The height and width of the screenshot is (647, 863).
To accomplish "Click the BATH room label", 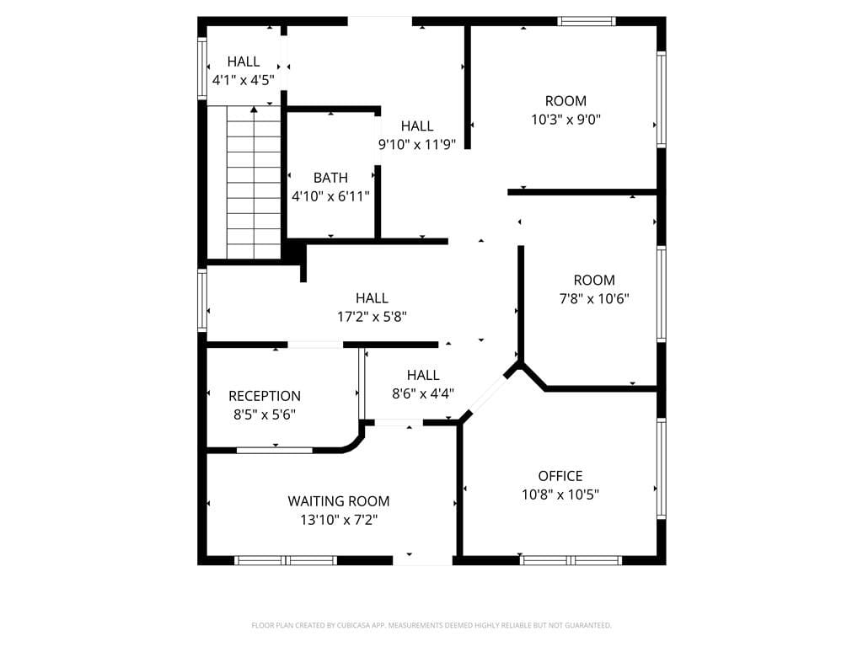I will pyautogui.click(x=330, y=178).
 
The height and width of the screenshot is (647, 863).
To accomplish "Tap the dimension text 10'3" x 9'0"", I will pyautogui.click(x=566, y=120).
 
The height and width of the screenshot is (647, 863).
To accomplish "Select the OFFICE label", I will pyautogui.click(x=560, y=476).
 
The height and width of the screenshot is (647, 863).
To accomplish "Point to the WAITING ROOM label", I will pyautogui.click(x=339, y=501).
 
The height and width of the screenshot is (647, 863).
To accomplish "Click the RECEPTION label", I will pyautogui.click(x=265, y=396).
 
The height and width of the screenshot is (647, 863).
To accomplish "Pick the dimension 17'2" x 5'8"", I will pyautogui.click(x=372, y=317).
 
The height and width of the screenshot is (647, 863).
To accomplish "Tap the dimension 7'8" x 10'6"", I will pyautogui.click(x=594, y=298).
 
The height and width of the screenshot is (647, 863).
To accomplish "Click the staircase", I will pyautogui.click(x=254, y=185).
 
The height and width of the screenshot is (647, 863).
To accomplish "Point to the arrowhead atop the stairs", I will pyautogui.click(x=254, y=109).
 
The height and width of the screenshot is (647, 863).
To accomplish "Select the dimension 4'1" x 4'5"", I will pyautogui.click(x=244, y=80).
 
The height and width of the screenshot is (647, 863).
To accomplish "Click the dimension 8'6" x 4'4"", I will pyautogui.click(x=423, y=393).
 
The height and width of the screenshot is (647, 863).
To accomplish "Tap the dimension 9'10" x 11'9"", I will pyautogui.click(x=417, y=144).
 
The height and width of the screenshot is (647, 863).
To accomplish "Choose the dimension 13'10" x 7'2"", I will pyautogui.click(x=339, y=520).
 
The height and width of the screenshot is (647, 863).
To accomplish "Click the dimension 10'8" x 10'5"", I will pyautogui.click(x=560, y=495).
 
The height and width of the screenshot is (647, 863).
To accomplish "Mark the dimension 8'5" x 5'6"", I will pyautogui.click(x=265, y=414).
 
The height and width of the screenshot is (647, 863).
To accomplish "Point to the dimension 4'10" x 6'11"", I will pyautogui.click(x=330, y=196).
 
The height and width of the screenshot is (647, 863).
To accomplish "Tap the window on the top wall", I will pyautogui.click(x=587, y=21).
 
